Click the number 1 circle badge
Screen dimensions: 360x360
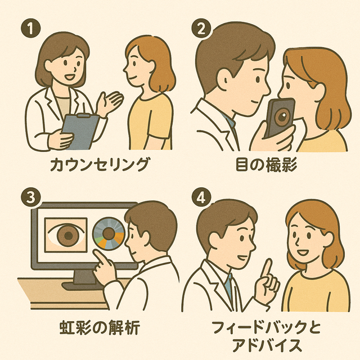[x=30, y=28]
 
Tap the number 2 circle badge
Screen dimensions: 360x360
[x=201, y=29]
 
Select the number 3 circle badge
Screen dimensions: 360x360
[x=30, y=197]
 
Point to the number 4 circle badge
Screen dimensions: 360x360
[x=201, y=197]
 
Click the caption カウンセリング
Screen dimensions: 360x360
[x=99, y=164]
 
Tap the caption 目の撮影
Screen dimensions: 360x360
[x=266, y=165]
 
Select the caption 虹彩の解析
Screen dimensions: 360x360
[x=100, y=327]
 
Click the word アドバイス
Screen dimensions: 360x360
[x=266, y=345]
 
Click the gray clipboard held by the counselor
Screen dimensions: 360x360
[x=79, y=131]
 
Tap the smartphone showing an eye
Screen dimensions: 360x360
[x=280, y=118]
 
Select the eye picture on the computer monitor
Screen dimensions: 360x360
[x=66, y=235]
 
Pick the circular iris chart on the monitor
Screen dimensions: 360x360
[x=109, y=234]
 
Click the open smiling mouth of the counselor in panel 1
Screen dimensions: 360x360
[x=69, y=76]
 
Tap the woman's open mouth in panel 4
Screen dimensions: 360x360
[x=303, y=253]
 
